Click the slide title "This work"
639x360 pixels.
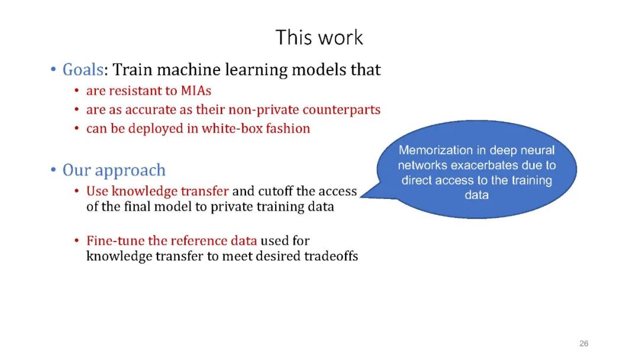pyautogui.click(x=319, y=37)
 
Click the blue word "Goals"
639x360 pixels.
pyautogui.click(x=83, y=70)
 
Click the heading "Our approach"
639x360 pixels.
pyautogui.click(x=114, y=171)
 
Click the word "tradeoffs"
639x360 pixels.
pyautogui.click(x=331, y=256)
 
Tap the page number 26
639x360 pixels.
pyautogui.click(x=584, y=343)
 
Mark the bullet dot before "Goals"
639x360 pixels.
pyautogui.click(x=53, y=70)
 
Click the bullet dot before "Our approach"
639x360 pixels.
pyautogui.click(x=53, y=171)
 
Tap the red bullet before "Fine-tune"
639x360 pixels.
pyautogui.click(x=77, y=242)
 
